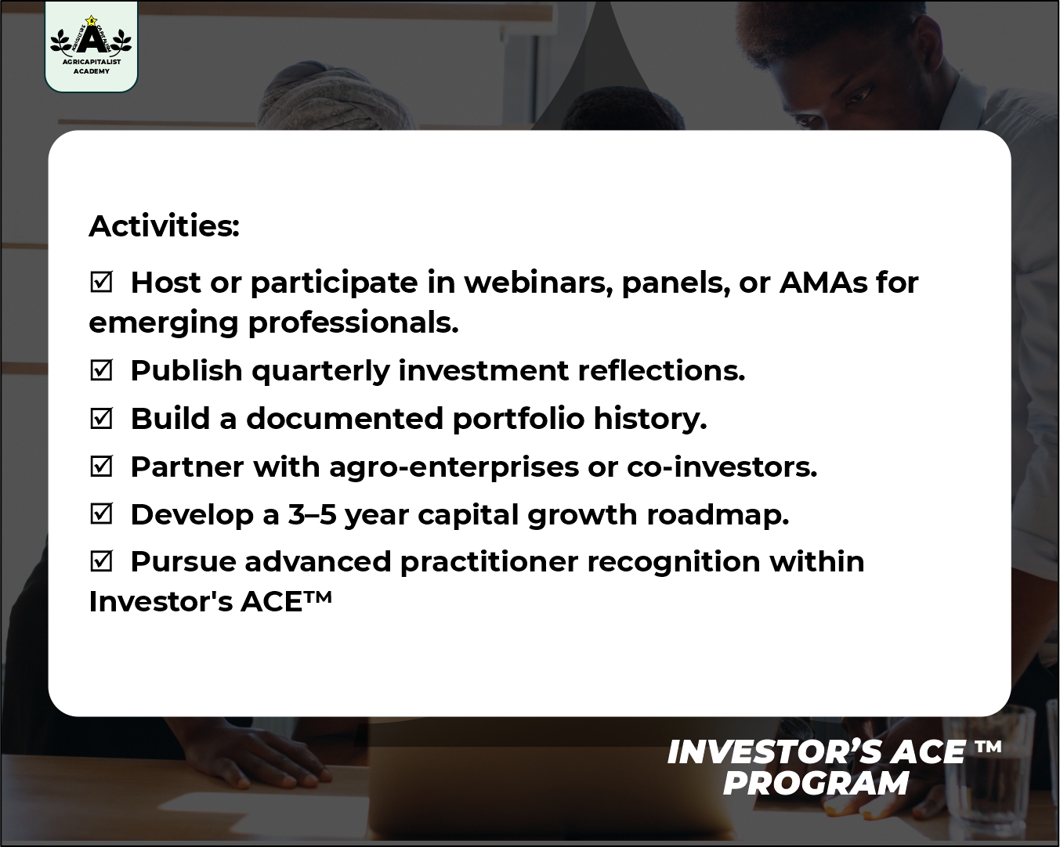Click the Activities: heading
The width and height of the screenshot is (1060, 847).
[164, 226]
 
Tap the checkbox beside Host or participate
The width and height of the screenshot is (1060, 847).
[102, 282]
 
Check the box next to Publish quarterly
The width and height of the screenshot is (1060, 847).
[102, 370]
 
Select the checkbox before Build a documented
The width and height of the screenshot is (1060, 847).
[102, 418]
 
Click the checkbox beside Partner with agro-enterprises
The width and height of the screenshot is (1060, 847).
[102, 466]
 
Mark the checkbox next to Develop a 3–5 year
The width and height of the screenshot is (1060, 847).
[102, 514]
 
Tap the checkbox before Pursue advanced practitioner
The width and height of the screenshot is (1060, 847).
[102, 561]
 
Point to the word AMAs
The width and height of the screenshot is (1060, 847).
[823, 283]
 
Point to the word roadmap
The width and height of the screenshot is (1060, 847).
[718, 516]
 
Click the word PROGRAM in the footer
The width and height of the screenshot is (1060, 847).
[816, 784]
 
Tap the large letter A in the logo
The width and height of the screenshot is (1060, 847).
[91, 39]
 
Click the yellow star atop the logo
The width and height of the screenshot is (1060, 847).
[91, 20]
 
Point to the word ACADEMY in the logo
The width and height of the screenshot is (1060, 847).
[92, 71]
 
